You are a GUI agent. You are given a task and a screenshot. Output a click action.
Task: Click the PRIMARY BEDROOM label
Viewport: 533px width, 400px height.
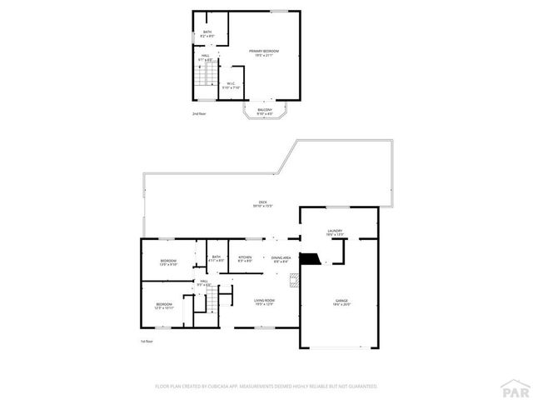264,52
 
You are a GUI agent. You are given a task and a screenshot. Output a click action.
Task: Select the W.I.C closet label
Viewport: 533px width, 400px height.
232,85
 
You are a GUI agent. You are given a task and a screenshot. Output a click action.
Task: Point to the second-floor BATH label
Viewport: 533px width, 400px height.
207,33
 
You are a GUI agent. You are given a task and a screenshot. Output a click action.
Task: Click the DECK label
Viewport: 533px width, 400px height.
262,203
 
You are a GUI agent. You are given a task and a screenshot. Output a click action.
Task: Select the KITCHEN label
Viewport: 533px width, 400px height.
245,258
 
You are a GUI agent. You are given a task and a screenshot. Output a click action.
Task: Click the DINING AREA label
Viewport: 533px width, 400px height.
281,259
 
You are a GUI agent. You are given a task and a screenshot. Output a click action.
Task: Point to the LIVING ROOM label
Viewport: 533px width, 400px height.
264,302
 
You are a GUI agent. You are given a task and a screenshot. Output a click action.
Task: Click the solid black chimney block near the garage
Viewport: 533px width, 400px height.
311,259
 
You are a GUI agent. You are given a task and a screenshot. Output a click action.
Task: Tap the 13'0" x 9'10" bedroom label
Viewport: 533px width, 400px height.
168,262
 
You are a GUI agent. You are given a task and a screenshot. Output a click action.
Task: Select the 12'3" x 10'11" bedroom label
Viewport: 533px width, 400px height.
164,306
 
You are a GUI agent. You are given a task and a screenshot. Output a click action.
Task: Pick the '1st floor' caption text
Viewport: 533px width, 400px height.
147,342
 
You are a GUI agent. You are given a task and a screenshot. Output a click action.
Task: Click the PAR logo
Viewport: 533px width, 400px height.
516,388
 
